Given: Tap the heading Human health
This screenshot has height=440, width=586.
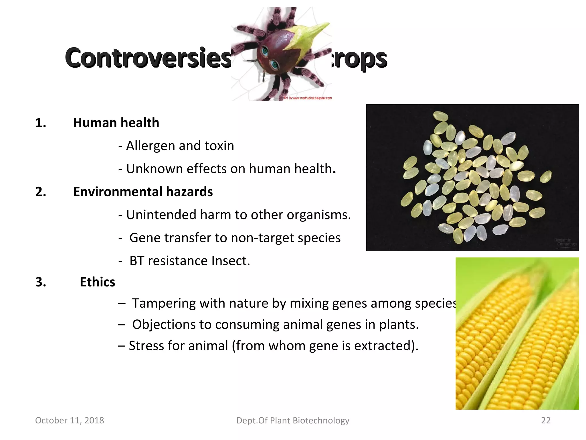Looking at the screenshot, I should [x=116, y=123].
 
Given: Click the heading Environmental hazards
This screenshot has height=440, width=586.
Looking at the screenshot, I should [x=143, y=192].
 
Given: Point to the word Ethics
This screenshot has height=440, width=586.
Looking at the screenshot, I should [x=97, y=282].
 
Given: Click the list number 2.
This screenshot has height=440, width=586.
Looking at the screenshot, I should [x=40, y=192].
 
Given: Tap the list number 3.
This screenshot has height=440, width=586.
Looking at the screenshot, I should [x=40, y=282].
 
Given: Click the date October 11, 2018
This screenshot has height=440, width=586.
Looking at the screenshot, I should [x=70, y=420].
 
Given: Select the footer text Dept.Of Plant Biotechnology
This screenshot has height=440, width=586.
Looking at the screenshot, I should [x=293, y=420].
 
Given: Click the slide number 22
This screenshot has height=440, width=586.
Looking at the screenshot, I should [x=546, y=420].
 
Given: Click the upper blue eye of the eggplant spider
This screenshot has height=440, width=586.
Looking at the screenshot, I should [x=265, y=52].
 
